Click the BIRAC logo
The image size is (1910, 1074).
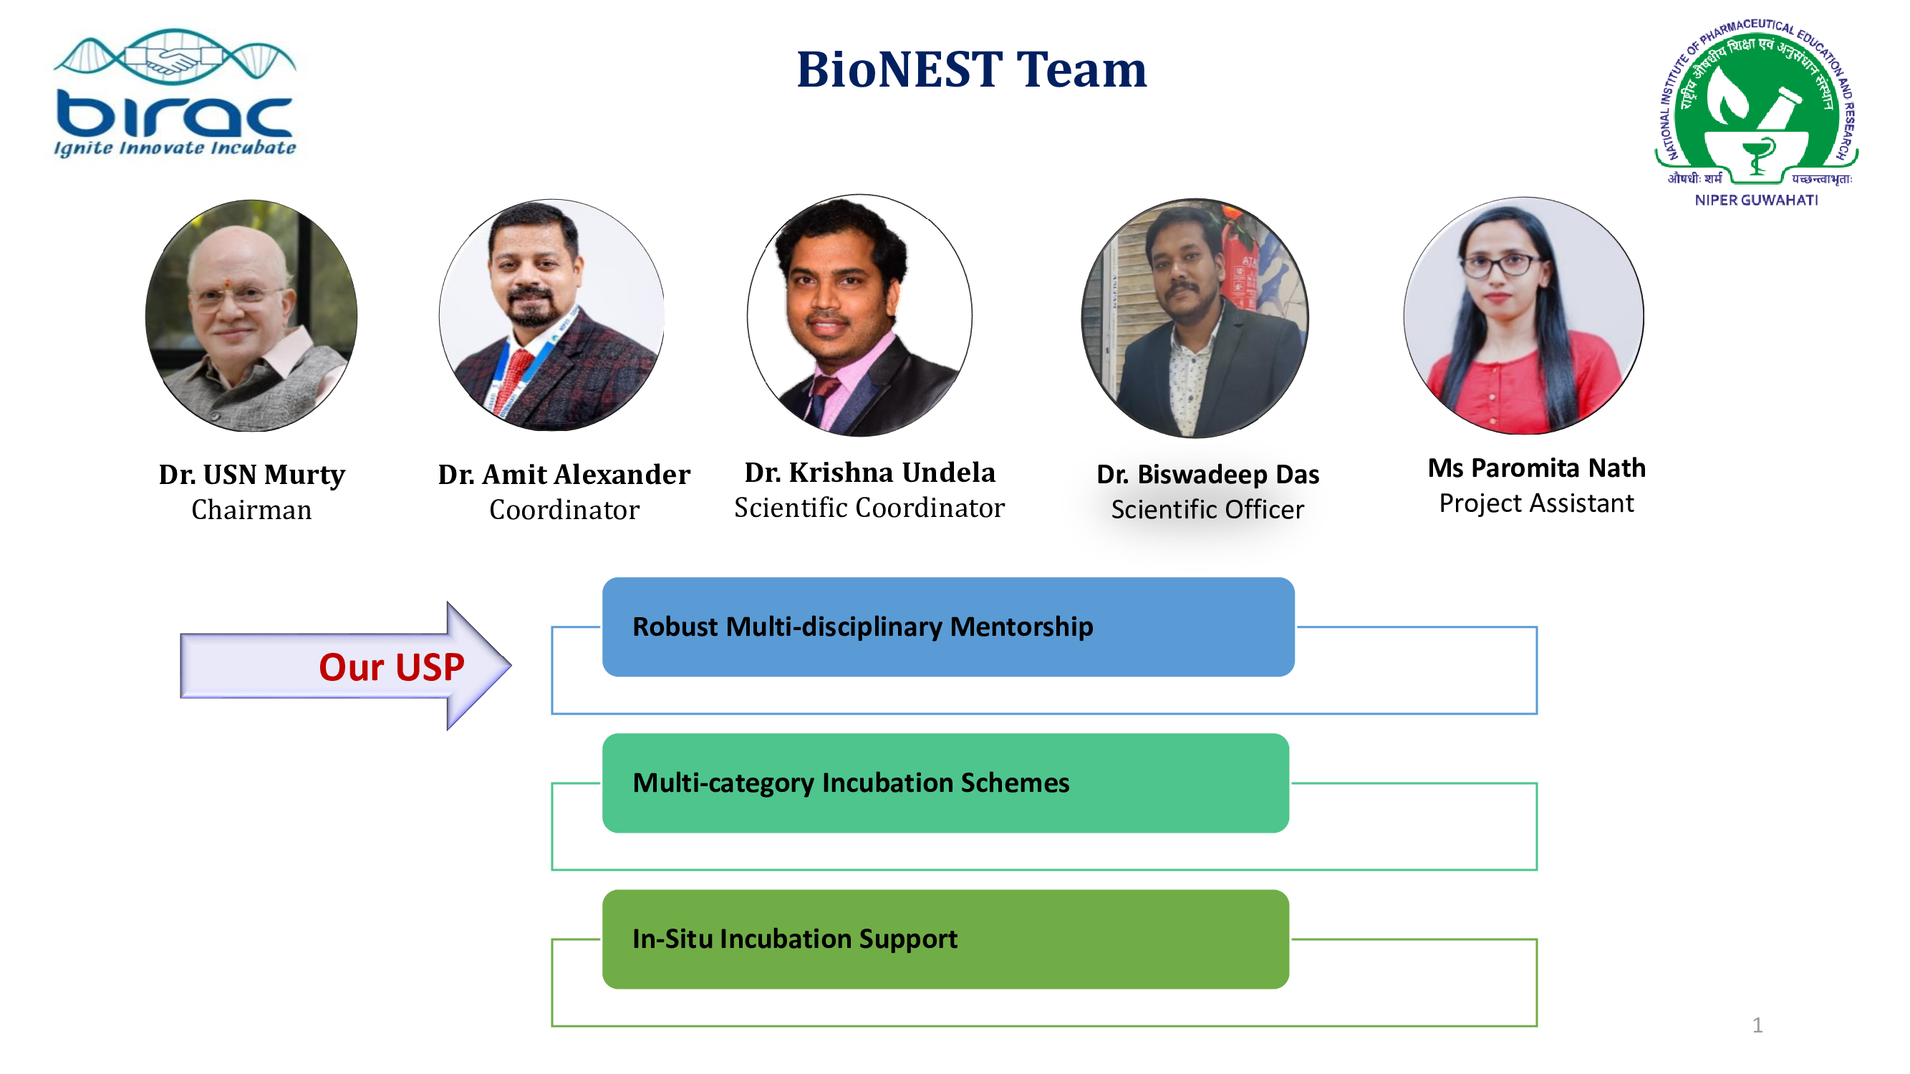click(175, 92)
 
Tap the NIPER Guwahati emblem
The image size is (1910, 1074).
click(1757, 112)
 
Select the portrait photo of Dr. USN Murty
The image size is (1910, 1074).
click(251, 316)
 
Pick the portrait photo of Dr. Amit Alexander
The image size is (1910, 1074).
click(551, 315)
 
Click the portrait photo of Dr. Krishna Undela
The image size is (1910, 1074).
click(859, 316)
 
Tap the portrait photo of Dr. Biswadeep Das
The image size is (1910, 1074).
click(1195, 318)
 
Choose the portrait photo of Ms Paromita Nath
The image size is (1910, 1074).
click(1524, 316)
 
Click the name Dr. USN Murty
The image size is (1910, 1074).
click(252, 475)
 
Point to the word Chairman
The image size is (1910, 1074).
click(251, 510)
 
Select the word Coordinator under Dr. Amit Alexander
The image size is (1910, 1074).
click(564, 510)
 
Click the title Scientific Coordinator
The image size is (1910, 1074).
click(869, 508)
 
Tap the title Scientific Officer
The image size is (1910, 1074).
click(1208, 510)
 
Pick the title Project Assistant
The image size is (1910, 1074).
click(1536, 503)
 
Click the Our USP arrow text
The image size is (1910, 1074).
click(392, 667)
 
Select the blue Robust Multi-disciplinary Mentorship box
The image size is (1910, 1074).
click(948, 627)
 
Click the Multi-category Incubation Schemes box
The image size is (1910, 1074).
click(945, 783)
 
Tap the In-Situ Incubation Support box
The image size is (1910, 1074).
click(945, 940)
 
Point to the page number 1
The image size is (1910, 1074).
click(1757, 1026)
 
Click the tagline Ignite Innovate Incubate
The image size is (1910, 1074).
click(175, 148)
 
